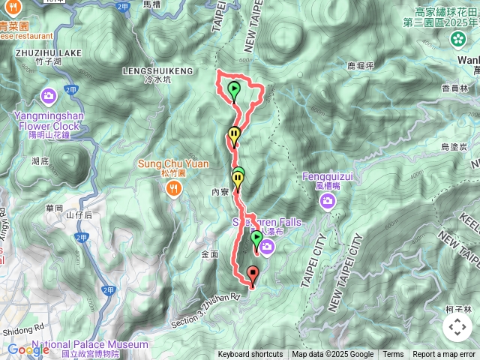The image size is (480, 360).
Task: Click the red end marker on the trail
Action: [x=252, y=275]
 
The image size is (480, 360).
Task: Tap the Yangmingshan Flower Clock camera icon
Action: [x=49, y=96]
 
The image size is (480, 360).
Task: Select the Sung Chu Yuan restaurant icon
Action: [x=174, y=189]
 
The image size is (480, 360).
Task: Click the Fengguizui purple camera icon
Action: [x=328, y=200]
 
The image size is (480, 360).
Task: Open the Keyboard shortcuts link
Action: [x=250, y=355]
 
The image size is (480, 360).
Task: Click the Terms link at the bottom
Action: [x=393, y=355]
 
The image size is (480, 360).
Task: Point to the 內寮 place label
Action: [x=220, y=193]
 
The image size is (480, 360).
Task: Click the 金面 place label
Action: [x=210, y=254]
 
